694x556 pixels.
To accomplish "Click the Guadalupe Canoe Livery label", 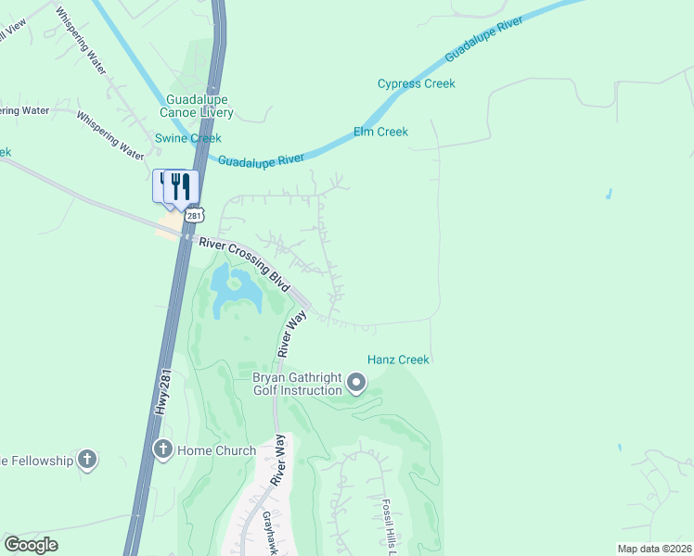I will click(199, 107).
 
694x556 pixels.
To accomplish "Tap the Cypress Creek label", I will click(416, 83).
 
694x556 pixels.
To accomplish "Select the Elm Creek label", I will click(380, 132).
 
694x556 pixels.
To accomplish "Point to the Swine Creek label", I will click(187, 138).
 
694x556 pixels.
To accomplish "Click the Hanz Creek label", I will click(398, 359).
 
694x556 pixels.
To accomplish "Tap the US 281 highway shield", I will click(192, 215).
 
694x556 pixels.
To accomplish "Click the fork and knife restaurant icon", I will click(181, 186).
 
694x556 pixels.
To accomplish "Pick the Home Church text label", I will click(216, 451).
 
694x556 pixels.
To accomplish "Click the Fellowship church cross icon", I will click(87, 460).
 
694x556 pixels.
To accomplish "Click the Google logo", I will click(32, 545).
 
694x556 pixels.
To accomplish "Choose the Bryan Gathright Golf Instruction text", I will click(297, 384).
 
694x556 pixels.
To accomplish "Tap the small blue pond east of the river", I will click(609, 195).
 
